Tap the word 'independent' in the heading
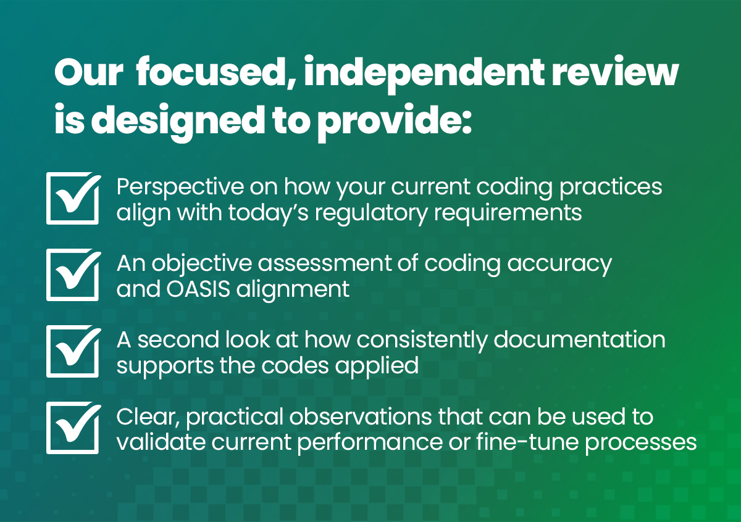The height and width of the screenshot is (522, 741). click(424, 75)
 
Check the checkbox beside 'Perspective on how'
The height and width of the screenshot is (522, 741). click(73, 198)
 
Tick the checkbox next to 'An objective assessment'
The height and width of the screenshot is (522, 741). click(73, 275)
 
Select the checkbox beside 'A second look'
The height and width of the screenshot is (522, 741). click(73, 351)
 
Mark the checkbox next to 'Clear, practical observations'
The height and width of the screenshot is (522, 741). click(73, 428)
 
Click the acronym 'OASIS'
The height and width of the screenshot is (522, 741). click(198, 289)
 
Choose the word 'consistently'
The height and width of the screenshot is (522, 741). click(422, 341)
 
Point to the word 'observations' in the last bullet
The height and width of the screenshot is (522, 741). click(361, 416)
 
